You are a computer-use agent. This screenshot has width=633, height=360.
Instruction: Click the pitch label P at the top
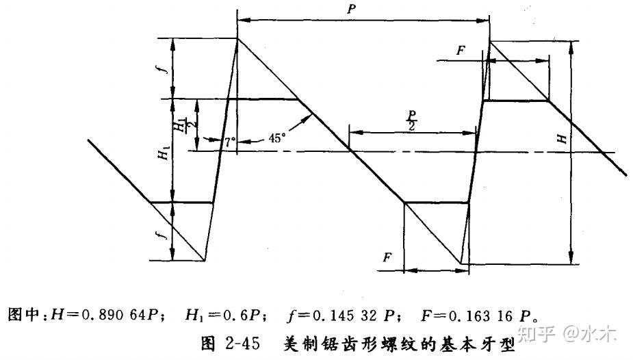[x=352, y=9]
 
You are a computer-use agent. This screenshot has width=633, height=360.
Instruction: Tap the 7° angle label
[x=230, y=142]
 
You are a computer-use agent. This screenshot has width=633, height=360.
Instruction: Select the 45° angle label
[x=276, y=138]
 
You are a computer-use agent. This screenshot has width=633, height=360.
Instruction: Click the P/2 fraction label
[x=411, y=120]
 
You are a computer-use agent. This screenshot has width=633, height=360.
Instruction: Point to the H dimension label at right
[x=562, y=139]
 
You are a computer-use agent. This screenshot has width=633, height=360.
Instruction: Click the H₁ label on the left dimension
[x=163, y=153]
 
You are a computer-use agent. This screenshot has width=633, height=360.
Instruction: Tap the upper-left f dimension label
[x=164, y=68]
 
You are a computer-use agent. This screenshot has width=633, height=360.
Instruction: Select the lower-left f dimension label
[x=164, y=233]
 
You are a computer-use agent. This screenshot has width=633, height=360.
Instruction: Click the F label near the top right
[x=461, y=51]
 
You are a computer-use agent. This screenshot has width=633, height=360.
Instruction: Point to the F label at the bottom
[x=387, y=257]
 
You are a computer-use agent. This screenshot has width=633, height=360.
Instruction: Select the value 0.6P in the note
[x=239, y=315]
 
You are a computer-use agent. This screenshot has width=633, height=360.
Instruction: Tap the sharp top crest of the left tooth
[x=237, y=38]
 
